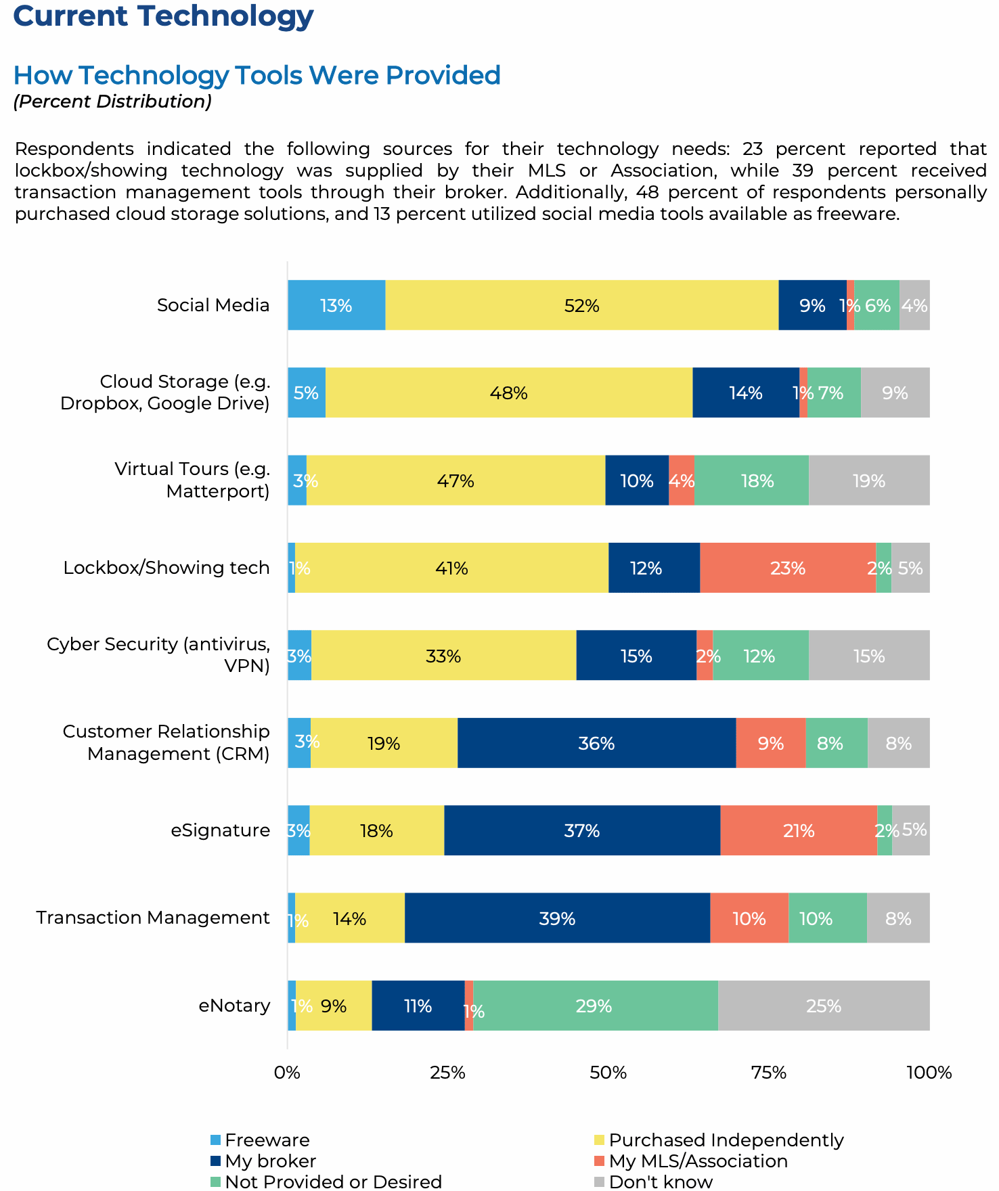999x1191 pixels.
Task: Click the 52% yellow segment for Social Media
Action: (x=581, y=306)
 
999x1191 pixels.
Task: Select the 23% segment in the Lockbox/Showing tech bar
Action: (x=788, y=568)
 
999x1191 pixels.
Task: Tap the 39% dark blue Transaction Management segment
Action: (x=557, y=918)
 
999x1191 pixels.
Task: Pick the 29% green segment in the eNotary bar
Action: (x=595, y=1006)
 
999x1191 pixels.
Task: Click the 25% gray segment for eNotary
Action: (x=824, y=1006)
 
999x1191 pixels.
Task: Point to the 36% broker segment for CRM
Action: (x=596, y=744)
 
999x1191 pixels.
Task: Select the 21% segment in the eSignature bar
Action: (x=799, y=831)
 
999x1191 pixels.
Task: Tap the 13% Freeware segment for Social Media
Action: (x=336, y=306)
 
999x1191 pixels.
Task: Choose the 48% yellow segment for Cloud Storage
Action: (x=509, y=393)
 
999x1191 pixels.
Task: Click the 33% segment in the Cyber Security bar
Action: (x=443, y=656)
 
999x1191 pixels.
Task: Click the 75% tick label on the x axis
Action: (x=769, y=1073)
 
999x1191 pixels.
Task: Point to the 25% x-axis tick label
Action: (x=447, y=1073)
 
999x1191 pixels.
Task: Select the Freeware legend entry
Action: (x=267, y=1140)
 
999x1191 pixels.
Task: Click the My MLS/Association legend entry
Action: (x=698, y=1161)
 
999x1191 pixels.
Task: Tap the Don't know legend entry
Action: (x=660, y=1182)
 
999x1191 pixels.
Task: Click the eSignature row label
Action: (x=220, y=830)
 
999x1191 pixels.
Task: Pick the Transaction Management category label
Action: (x=153, y=918)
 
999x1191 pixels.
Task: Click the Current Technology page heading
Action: (x=163, y=16)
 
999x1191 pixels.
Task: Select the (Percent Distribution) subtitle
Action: (x=112, y=102)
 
